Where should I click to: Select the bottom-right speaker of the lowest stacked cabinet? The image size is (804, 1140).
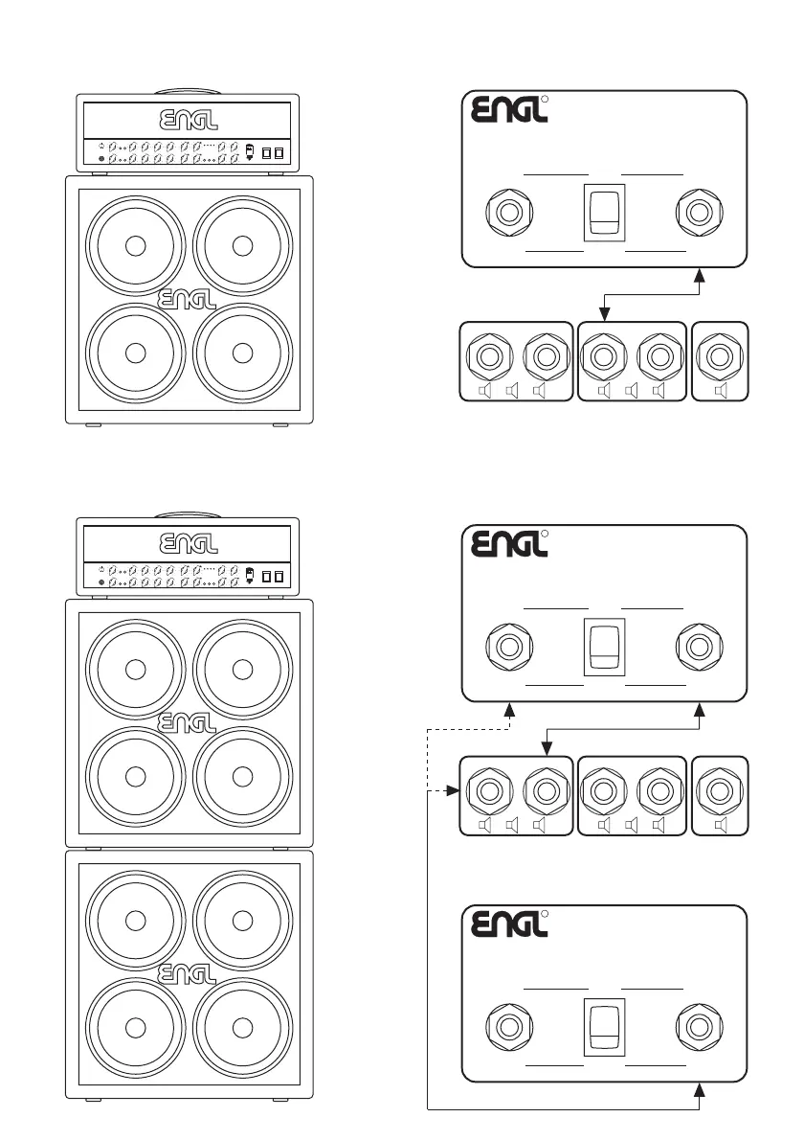242,1026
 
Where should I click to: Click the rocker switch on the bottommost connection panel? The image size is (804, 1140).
604,1025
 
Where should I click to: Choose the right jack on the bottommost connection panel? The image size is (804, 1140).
698,1025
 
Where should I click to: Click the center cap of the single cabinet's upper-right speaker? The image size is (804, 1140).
242,245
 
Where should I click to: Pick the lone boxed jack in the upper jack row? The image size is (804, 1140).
719,356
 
